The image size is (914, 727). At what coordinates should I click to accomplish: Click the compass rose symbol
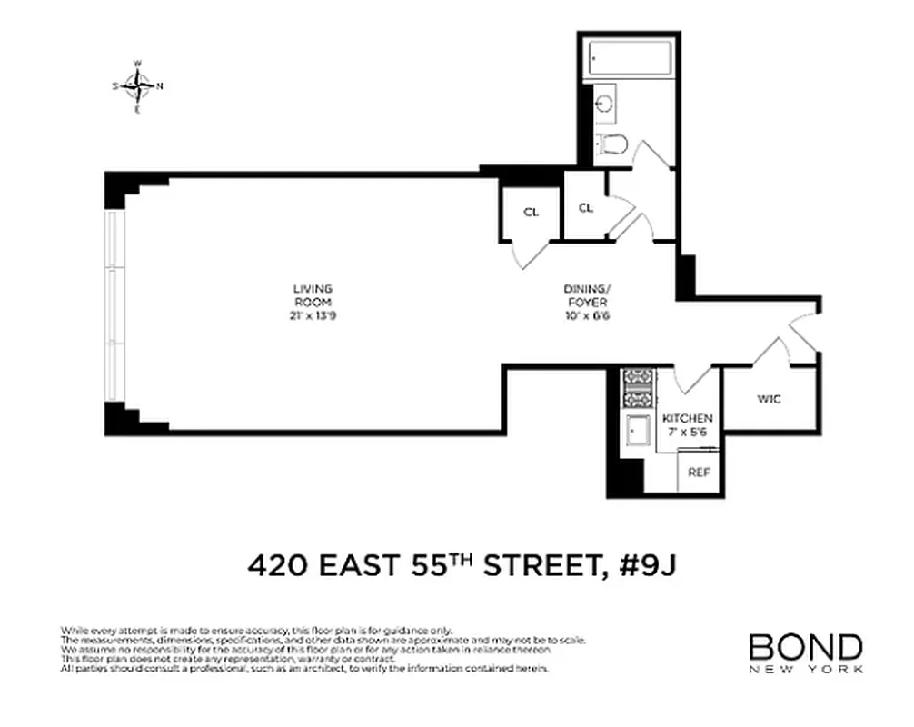click(x=137, y=86)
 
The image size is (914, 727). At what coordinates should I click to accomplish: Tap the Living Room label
click(x=312, y=295)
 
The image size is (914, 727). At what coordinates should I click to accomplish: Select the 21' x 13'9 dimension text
click(x=312, y=315)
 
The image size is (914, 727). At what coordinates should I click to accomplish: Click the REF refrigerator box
click(x=698, y=473)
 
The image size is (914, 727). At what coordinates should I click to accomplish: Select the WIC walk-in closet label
click(x=768, y=399)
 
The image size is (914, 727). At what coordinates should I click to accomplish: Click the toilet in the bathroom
click(x=612, y=143)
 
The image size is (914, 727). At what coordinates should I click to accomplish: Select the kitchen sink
click(x=637, y=429)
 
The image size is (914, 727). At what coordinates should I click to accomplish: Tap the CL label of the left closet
click(x=531, y=212)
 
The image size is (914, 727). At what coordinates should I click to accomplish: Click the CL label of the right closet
click(x=586, y=207)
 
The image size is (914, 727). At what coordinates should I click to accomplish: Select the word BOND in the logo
click(x=805, y=647)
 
